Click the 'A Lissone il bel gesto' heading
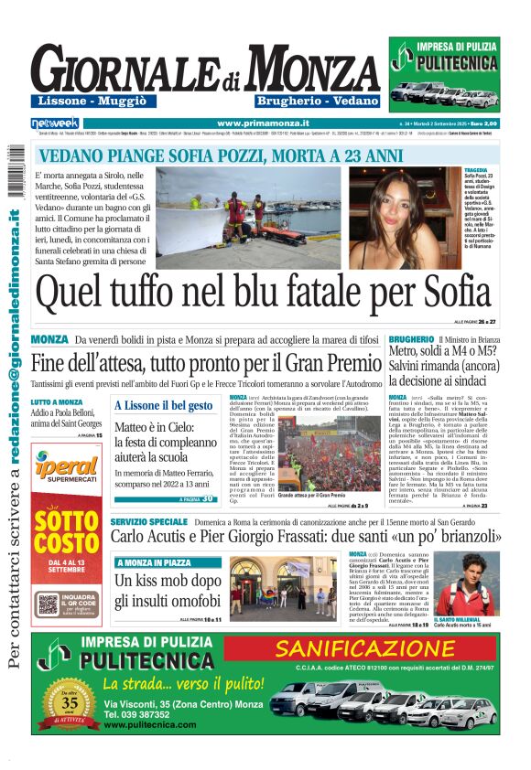pos(163,405)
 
